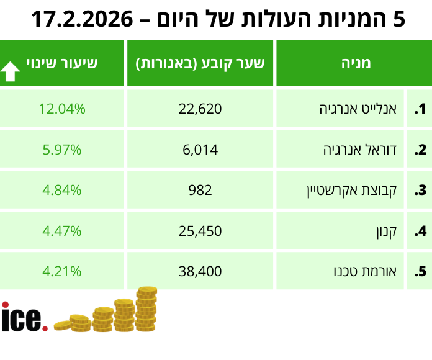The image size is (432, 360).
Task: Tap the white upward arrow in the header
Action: [x=11, y=71]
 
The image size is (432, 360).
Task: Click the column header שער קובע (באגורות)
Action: [x=200, y=63]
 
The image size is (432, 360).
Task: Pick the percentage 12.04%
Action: [x=61, y=109]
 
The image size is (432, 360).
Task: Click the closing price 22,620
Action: [x=200, y=109]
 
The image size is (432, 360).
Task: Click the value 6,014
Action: [x=200, y=150]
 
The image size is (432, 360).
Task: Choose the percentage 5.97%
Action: [x=61, y=150]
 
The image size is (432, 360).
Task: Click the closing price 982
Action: [x=200, y=190]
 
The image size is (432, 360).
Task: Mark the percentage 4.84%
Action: [x=61, y=190]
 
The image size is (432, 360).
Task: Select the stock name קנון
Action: [x=390, y=231]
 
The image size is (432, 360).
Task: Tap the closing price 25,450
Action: [x=200, y=231]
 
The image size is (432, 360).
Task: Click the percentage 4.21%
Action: [x=61, y=271]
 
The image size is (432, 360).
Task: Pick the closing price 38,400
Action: [x=200, y=271]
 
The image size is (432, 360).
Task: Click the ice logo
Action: [x=24, y=318]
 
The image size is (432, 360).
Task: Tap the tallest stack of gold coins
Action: [x=146, y=309]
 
